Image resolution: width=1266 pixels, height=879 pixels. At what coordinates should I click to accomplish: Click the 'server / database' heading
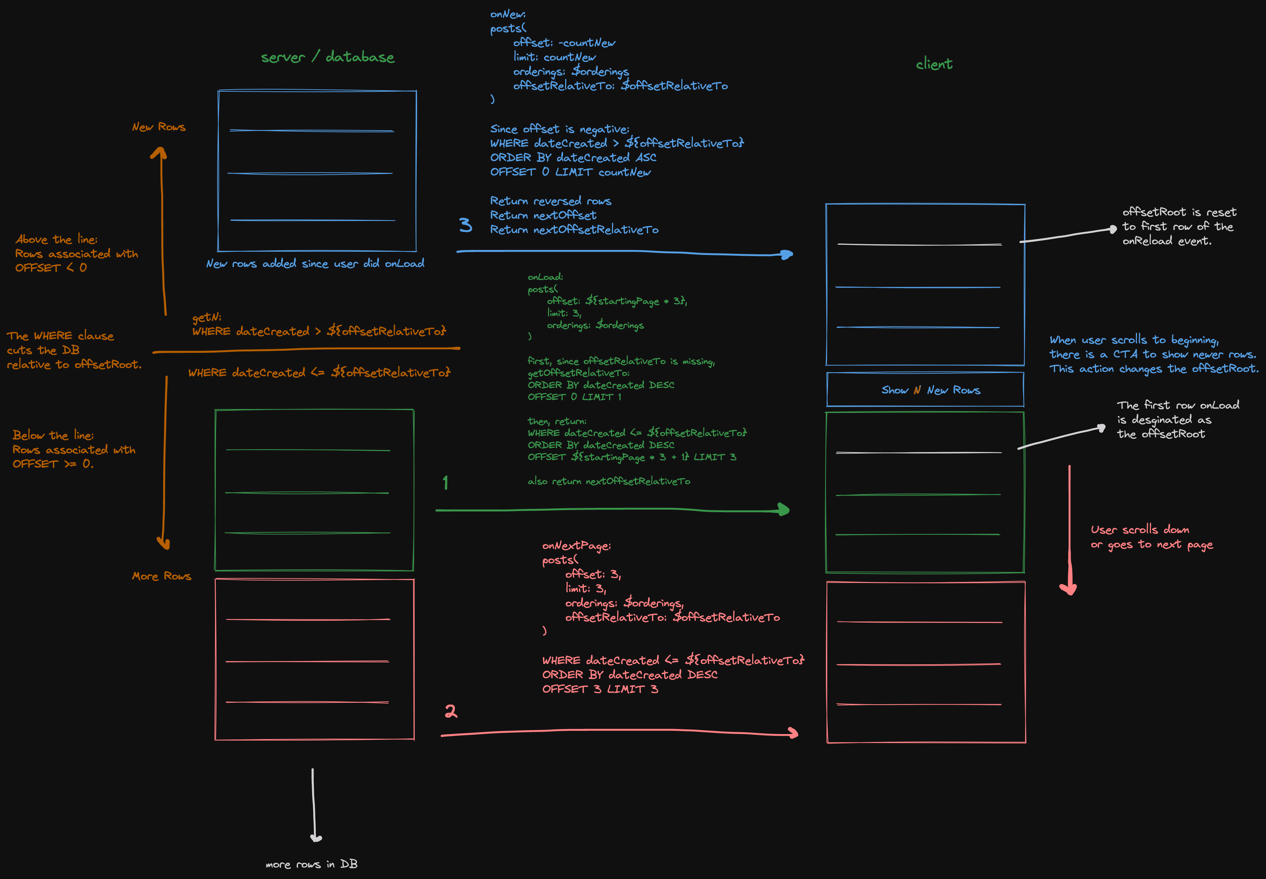pos(328,57)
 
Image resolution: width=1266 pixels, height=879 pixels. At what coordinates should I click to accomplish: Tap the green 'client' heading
pos(934,64)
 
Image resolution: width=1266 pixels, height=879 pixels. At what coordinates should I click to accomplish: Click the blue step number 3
pos(466,225)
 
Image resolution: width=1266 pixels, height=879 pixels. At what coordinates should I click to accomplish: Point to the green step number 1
pos(445,483)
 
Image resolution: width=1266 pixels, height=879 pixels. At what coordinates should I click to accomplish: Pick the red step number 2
pos(451,711)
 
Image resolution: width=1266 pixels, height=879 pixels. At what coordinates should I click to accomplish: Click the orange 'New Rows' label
pos(159,127)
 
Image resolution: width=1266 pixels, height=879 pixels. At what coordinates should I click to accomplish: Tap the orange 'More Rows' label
pos(161,576)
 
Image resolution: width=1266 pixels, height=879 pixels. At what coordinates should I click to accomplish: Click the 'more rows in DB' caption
pos(311,864)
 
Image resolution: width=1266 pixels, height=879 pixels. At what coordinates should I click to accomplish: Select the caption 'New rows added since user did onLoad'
pos(315,264)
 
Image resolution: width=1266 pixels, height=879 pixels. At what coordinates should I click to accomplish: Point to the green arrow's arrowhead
pos(784,510)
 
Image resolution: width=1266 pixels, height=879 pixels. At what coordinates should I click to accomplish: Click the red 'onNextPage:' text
pos(576,546)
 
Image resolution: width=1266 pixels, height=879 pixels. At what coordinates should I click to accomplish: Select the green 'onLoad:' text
pos(545,277)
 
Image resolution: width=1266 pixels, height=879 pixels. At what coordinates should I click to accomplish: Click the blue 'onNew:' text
pos(507,14)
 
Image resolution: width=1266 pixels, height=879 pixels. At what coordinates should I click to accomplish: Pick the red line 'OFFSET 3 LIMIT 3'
pos(600,689)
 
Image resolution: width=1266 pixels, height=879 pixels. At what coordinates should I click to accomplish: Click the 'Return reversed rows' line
pos(550,201)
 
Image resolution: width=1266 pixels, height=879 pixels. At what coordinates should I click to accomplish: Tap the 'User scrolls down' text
pos(1140,530)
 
